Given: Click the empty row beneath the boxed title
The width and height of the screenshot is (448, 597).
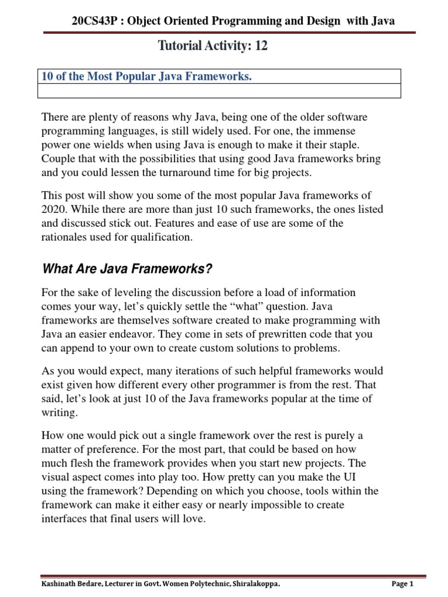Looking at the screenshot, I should click(219, 91).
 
